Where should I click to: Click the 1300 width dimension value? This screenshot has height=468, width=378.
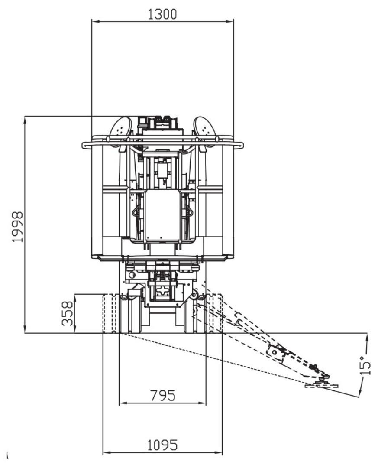[162, 14]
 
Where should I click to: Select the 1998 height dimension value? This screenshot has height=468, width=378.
[17, 227]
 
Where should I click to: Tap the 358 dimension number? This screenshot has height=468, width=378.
[67, 313]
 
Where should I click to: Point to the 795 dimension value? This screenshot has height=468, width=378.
[163, 395]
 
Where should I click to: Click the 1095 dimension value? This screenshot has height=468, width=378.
[163, 445]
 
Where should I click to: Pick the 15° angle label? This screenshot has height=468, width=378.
[365, 365]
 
